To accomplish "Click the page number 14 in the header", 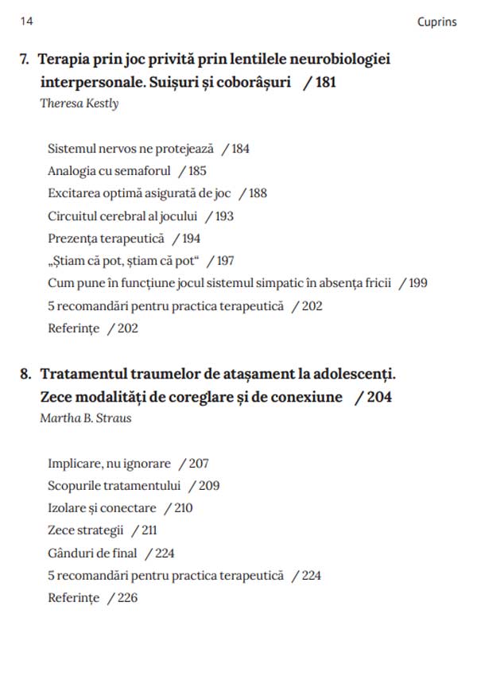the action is [x=26, y=21].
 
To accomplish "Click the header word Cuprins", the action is [x=436, y=22].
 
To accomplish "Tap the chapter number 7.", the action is [x=25, y=60].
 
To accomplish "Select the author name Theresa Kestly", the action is [x=79, y=103].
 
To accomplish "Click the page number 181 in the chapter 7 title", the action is [x=325, y=83].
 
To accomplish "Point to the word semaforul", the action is [x=144, y=171].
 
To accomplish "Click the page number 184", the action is [x=240, y=149].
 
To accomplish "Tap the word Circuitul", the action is [x=73, y=216].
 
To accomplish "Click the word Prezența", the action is [x=72, y=239].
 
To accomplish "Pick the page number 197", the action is [x=225, y=261].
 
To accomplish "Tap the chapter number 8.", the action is [x=25, y=375].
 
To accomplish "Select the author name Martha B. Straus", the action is [x=86, y=418].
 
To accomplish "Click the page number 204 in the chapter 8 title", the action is [x=378, y=397].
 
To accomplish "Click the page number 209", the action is [x=209, y=486].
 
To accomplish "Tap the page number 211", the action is [x=148, y=530].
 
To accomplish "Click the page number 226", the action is [x=127, y=598].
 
